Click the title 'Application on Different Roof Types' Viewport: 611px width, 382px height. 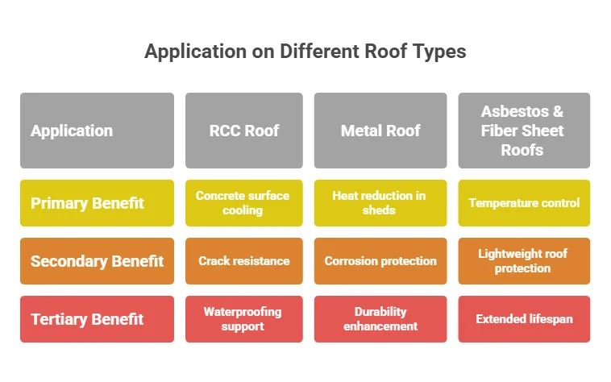tap(305, 52)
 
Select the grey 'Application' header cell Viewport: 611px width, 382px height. tap(97, 131)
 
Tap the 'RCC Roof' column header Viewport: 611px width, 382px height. tap(243, 131)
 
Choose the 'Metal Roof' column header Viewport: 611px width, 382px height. tap(380, 131)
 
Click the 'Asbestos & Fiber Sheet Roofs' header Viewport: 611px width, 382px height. tap(523, 131)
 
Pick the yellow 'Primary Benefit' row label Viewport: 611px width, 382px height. tap(97, 203)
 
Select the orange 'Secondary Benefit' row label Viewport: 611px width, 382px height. tap(97, 261)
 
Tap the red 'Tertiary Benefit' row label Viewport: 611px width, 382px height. tap(97, 319)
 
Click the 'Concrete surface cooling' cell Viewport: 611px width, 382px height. tap(243, 203)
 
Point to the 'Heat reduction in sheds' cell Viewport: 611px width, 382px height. tap(380, 203)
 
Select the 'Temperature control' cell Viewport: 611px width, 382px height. tap(523, 203)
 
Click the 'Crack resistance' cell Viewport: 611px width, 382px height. tap(243, 261)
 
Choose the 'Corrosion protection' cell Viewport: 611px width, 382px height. tap(380, 261)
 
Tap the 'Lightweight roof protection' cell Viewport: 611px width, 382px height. tap(523, 261)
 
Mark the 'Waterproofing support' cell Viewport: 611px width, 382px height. tap(243, 319)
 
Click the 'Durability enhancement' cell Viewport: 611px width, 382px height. tap(380, 319)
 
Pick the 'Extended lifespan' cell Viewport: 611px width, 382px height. tap(523, 319)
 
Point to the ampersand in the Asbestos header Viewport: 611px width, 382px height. tap(557, 112)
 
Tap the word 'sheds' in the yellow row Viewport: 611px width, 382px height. tap(380, 210)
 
